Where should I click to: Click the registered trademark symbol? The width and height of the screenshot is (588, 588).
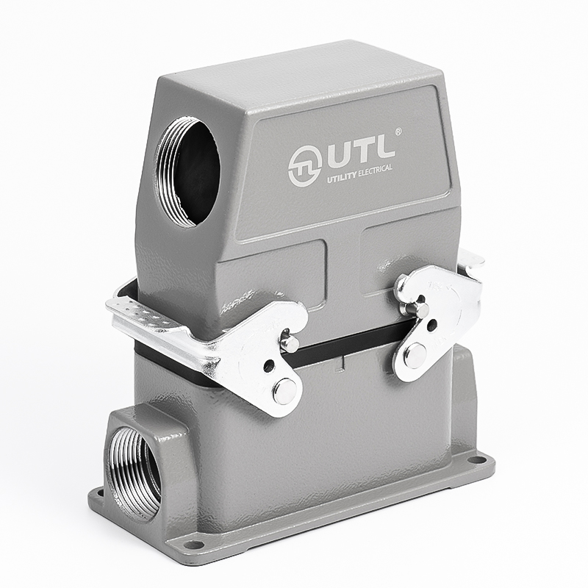[x=399, y=132]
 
